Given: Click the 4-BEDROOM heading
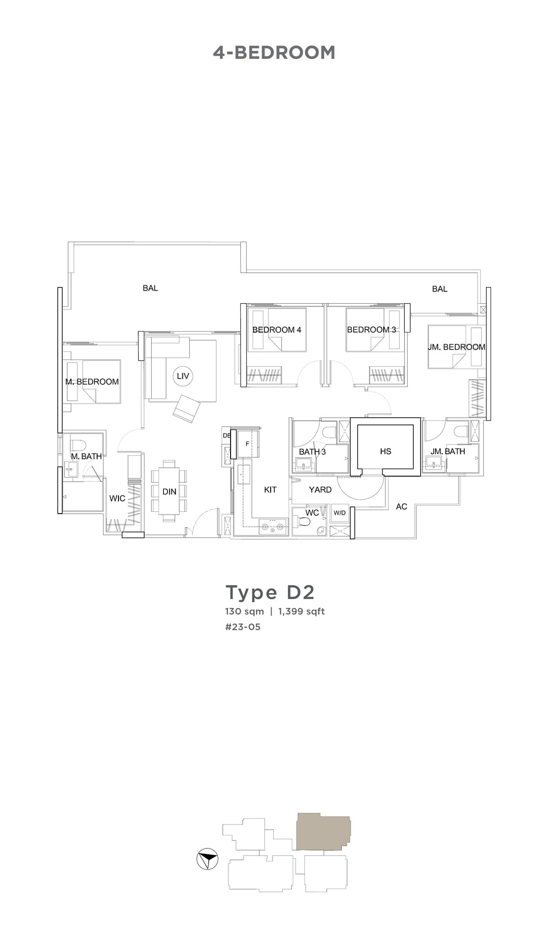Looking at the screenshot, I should point(274,53).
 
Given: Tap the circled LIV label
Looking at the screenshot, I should point(183,376).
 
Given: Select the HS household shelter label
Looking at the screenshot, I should point(385,451).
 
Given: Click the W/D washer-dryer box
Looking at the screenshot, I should point(340,513).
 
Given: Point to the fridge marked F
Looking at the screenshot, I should point(247,444).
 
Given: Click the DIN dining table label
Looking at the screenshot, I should point(169,492).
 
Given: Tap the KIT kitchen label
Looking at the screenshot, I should point(270,489).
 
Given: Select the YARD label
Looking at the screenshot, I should point(320,489).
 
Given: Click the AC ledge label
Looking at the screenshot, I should point(401,506).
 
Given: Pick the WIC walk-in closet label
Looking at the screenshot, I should point(117,498).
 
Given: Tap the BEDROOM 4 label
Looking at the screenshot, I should point(277,330).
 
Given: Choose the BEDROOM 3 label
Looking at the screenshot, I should point(372,330).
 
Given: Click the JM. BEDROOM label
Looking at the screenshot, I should point(456,347).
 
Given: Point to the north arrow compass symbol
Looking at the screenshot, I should point(208,859).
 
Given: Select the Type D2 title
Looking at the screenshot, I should point(270,592).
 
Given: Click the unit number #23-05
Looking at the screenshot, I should point(243,627).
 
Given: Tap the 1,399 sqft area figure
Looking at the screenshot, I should point(301,611).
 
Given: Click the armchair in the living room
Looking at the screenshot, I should point(187,408).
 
